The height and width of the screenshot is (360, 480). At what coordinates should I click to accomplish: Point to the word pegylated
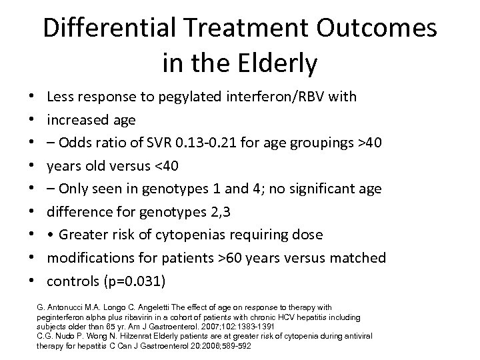[199, 97]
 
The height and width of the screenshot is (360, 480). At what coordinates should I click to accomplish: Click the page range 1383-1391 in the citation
[238, 327]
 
